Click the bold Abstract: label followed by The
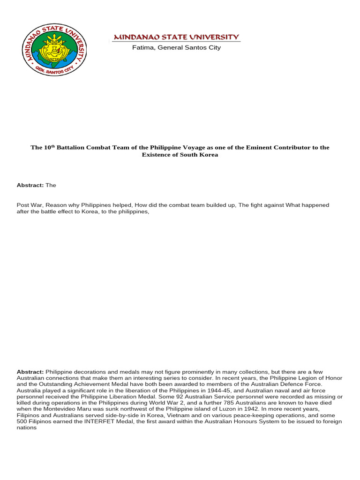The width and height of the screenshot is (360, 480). click(x=30, y=185)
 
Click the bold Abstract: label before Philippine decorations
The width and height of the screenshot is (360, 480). click(x=30, y=372)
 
